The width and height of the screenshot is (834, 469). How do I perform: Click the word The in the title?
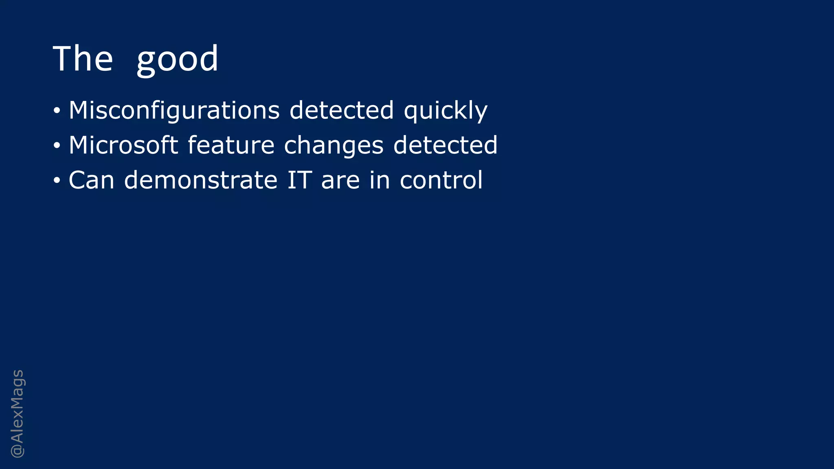(x=83, y=59)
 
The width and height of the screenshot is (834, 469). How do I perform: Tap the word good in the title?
(x=177, y=60)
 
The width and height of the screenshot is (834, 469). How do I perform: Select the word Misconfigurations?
(x=174, y=110)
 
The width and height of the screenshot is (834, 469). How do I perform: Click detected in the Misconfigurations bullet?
(x=341, y=110)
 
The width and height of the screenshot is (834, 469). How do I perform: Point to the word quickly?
(x=446, y=111)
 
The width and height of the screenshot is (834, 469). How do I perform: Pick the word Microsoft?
(x=123, y=145)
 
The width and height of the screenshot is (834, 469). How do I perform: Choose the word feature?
(x=231, y=145)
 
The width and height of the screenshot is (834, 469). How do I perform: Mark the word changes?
(x=334, y=146)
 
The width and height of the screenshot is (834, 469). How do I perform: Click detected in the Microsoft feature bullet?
(x=445, y=145)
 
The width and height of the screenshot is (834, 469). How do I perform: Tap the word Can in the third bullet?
(x=91, y=180)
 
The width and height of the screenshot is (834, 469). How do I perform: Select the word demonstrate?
(x=200, y=180)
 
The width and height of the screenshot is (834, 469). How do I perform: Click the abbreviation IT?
(x=299, y=180)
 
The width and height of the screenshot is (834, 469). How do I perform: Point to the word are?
(x=340, y=181)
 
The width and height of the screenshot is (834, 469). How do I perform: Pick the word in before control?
(x=380, y=180)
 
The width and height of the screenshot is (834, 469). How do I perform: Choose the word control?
(x=441, y=180)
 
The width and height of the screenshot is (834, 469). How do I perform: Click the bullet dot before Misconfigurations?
(x=57, y=111)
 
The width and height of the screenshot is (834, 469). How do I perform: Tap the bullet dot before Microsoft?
(x=57, y=146)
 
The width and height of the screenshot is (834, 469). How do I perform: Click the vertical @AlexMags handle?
(x=18, y=414)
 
